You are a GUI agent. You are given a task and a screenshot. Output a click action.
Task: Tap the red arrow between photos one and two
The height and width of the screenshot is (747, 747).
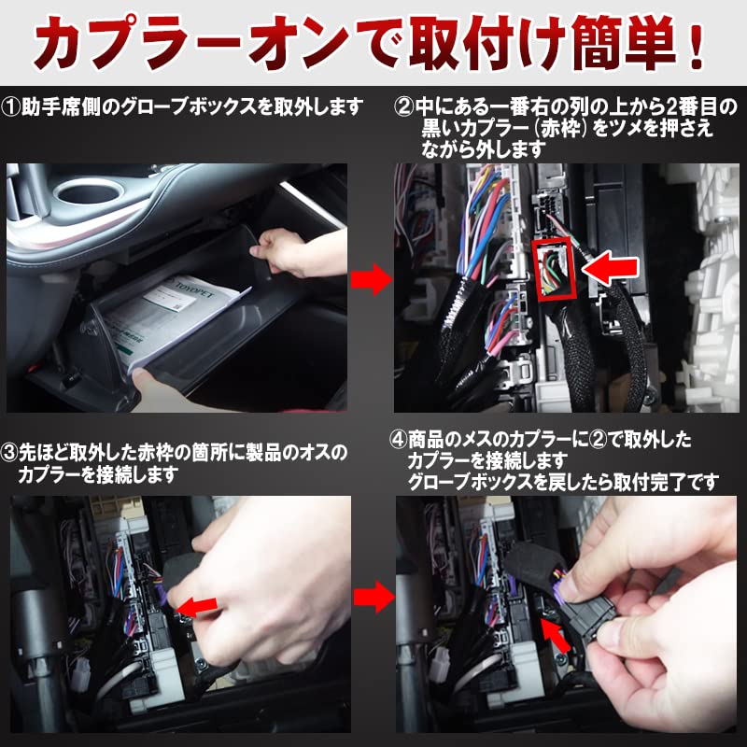(x=372, y=277)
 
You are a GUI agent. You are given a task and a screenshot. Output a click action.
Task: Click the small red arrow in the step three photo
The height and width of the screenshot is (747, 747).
(x=198, y=606)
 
